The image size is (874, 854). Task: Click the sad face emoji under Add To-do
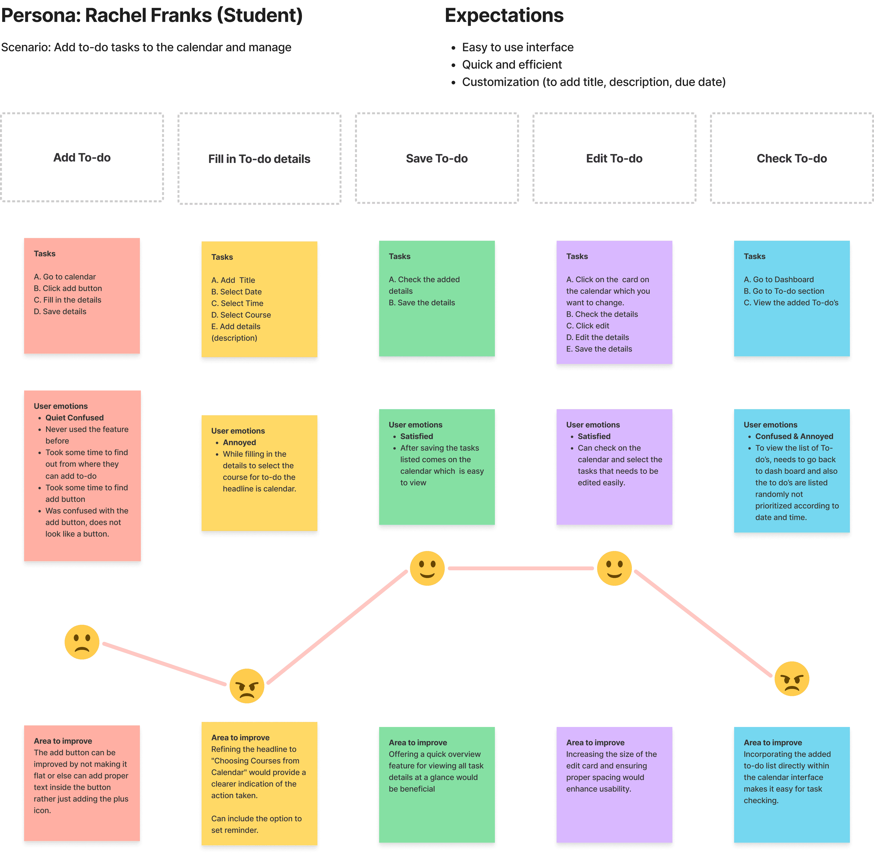(x=82, y=642)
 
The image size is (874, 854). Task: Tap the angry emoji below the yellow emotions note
(x=247, y=686)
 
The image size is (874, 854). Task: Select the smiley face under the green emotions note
(x=427, y=568)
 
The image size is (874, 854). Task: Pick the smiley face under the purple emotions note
(x=614, y=568)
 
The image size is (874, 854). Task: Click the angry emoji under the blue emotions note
(x=792, y=679)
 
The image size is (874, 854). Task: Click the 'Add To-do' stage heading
(x=82, y=157)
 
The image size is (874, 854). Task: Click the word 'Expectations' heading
(x=504, y=16)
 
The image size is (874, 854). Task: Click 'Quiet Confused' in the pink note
(x=75, y=417)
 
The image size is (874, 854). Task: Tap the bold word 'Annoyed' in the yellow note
(x=239, y=442)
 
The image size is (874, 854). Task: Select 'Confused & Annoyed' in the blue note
(x=794, y=437)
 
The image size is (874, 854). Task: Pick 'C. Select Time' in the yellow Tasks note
(x=237, y=303)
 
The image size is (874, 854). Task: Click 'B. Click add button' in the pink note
(x=68, y=289)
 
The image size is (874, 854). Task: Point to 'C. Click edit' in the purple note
(x=588, y=326)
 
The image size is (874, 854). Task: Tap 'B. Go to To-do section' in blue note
(x=784, y=291)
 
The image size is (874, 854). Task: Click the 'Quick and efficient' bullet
(x=512, y=65)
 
